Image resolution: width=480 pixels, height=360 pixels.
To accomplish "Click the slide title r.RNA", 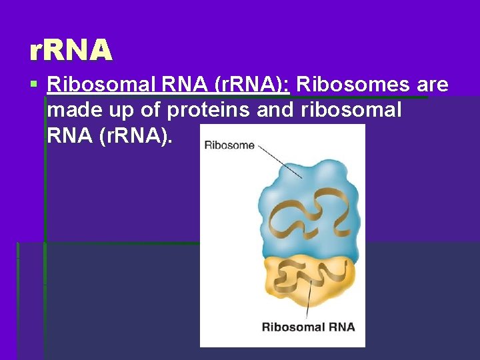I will [x=71, y=49].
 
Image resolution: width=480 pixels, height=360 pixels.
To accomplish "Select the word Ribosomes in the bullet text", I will [x=354, y=85].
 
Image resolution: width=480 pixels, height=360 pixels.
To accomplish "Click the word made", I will [x=71, y=111].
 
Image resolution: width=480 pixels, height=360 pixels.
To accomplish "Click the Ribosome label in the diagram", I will [x=229, y=145].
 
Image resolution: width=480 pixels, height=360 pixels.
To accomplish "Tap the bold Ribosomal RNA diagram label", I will [x=308, y=327].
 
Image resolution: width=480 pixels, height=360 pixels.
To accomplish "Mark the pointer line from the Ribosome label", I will [x=279, y=161].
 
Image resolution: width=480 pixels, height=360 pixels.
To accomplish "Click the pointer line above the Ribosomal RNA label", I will [x=309, y=300].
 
